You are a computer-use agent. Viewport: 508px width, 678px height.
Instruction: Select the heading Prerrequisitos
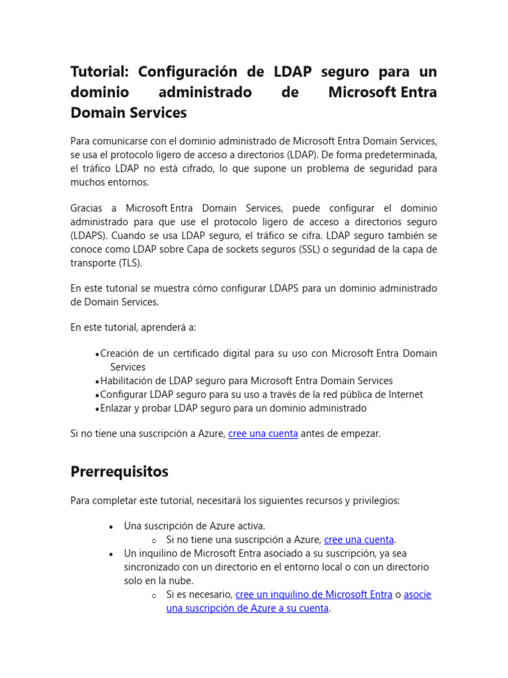click(119, 472)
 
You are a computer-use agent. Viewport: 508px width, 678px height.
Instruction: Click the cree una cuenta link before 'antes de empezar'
click(263, 434)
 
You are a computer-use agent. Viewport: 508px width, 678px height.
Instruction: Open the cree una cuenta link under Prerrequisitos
click(359, 540)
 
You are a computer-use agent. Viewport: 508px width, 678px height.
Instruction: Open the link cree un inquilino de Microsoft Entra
click(314, 595)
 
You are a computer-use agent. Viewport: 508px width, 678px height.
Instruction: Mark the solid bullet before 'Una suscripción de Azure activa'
click(111, 526)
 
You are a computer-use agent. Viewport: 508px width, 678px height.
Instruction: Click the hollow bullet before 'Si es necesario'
click(153, 595)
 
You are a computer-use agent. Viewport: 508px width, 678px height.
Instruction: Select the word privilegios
click(374, 501)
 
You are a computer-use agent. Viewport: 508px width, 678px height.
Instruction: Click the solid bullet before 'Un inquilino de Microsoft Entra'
click(111, 554)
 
